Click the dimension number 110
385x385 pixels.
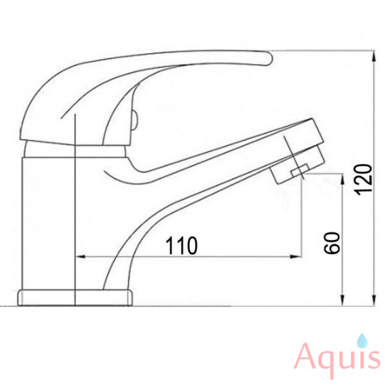(181, 246)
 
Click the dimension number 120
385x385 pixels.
(364, 180)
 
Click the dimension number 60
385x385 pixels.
(332, 243)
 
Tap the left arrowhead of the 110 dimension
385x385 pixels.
(80, 257)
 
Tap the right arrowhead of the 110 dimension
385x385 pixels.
(296, 257)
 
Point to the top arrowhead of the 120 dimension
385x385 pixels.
(373, 56)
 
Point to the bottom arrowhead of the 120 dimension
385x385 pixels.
(373, 300)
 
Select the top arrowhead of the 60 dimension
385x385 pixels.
(342, 179)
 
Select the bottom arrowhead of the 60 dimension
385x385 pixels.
(342, 300)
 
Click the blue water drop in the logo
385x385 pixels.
(362, 340)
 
